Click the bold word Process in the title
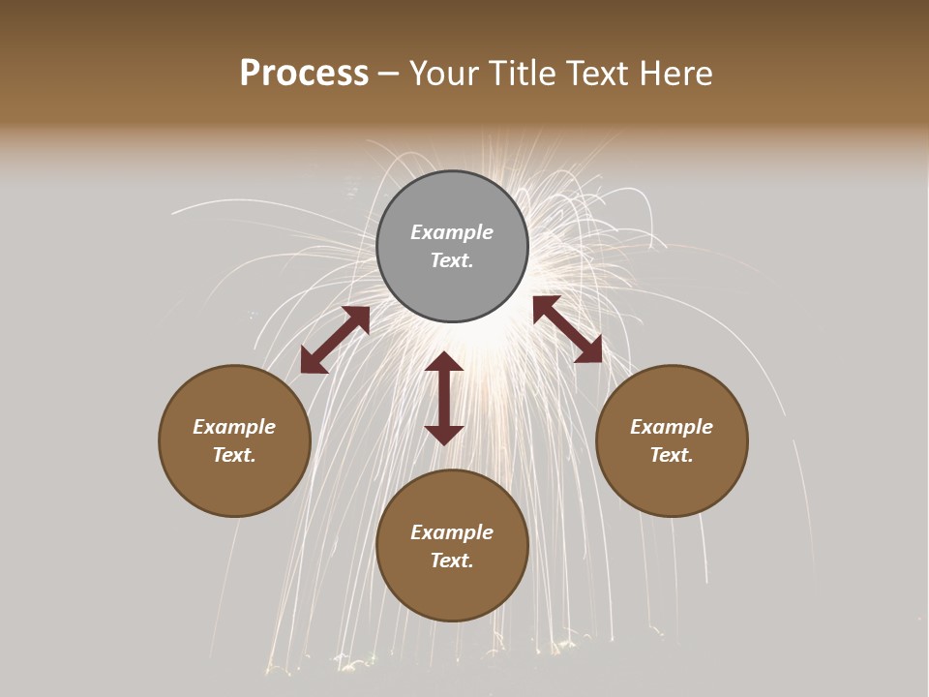coord(304,74)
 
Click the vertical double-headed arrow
coord(444,398)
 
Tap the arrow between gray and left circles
coord(335,340)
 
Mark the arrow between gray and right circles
coord(567,329)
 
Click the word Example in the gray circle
coord(452,232)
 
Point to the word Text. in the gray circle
coord(452,260)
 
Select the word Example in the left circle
coord(234,427)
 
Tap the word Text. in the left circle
coord(234,455)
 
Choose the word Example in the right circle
coord(672,427)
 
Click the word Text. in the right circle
coord(672,455)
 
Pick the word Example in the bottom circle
coord(452,532)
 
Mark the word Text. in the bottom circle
coord(452,561)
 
